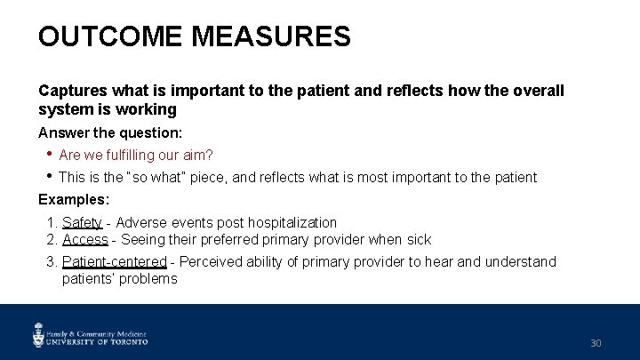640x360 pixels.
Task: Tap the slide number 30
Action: point(596,343)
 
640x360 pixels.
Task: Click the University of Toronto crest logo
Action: point(40,334)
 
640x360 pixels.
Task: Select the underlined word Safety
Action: point(82,222)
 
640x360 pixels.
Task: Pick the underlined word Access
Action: point(84,239)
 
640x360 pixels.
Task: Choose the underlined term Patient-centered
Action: point(114,261)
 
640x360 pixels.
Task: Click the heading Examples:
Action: point(74,199)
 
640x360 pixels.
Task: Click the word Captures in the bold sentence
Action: point(69,91)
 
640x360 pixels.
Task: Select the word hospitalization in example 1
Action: point(293,222)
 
